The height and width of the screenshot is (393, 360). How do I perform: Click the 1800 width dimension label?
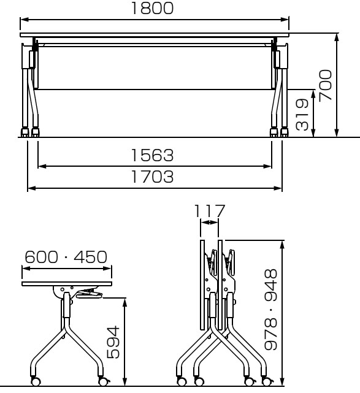152,8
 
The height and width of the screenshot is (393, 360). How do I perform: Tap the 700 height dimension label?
326,86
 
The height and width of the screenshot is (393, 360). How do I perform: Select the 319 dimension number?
302,115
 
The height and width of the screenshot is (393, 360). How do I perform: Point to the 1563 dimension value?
152,155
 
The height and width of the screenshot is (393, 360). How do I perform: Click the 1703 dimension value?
152,177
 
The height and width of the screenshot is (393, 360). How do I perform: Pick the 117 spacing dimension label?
210,211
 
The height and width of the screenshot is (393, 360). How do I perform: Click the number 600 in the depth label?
41,257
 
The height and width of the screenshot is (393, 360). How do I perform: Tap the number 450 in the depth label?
90,257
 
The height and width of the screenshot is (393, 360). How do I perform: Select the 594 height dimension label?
113,342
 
